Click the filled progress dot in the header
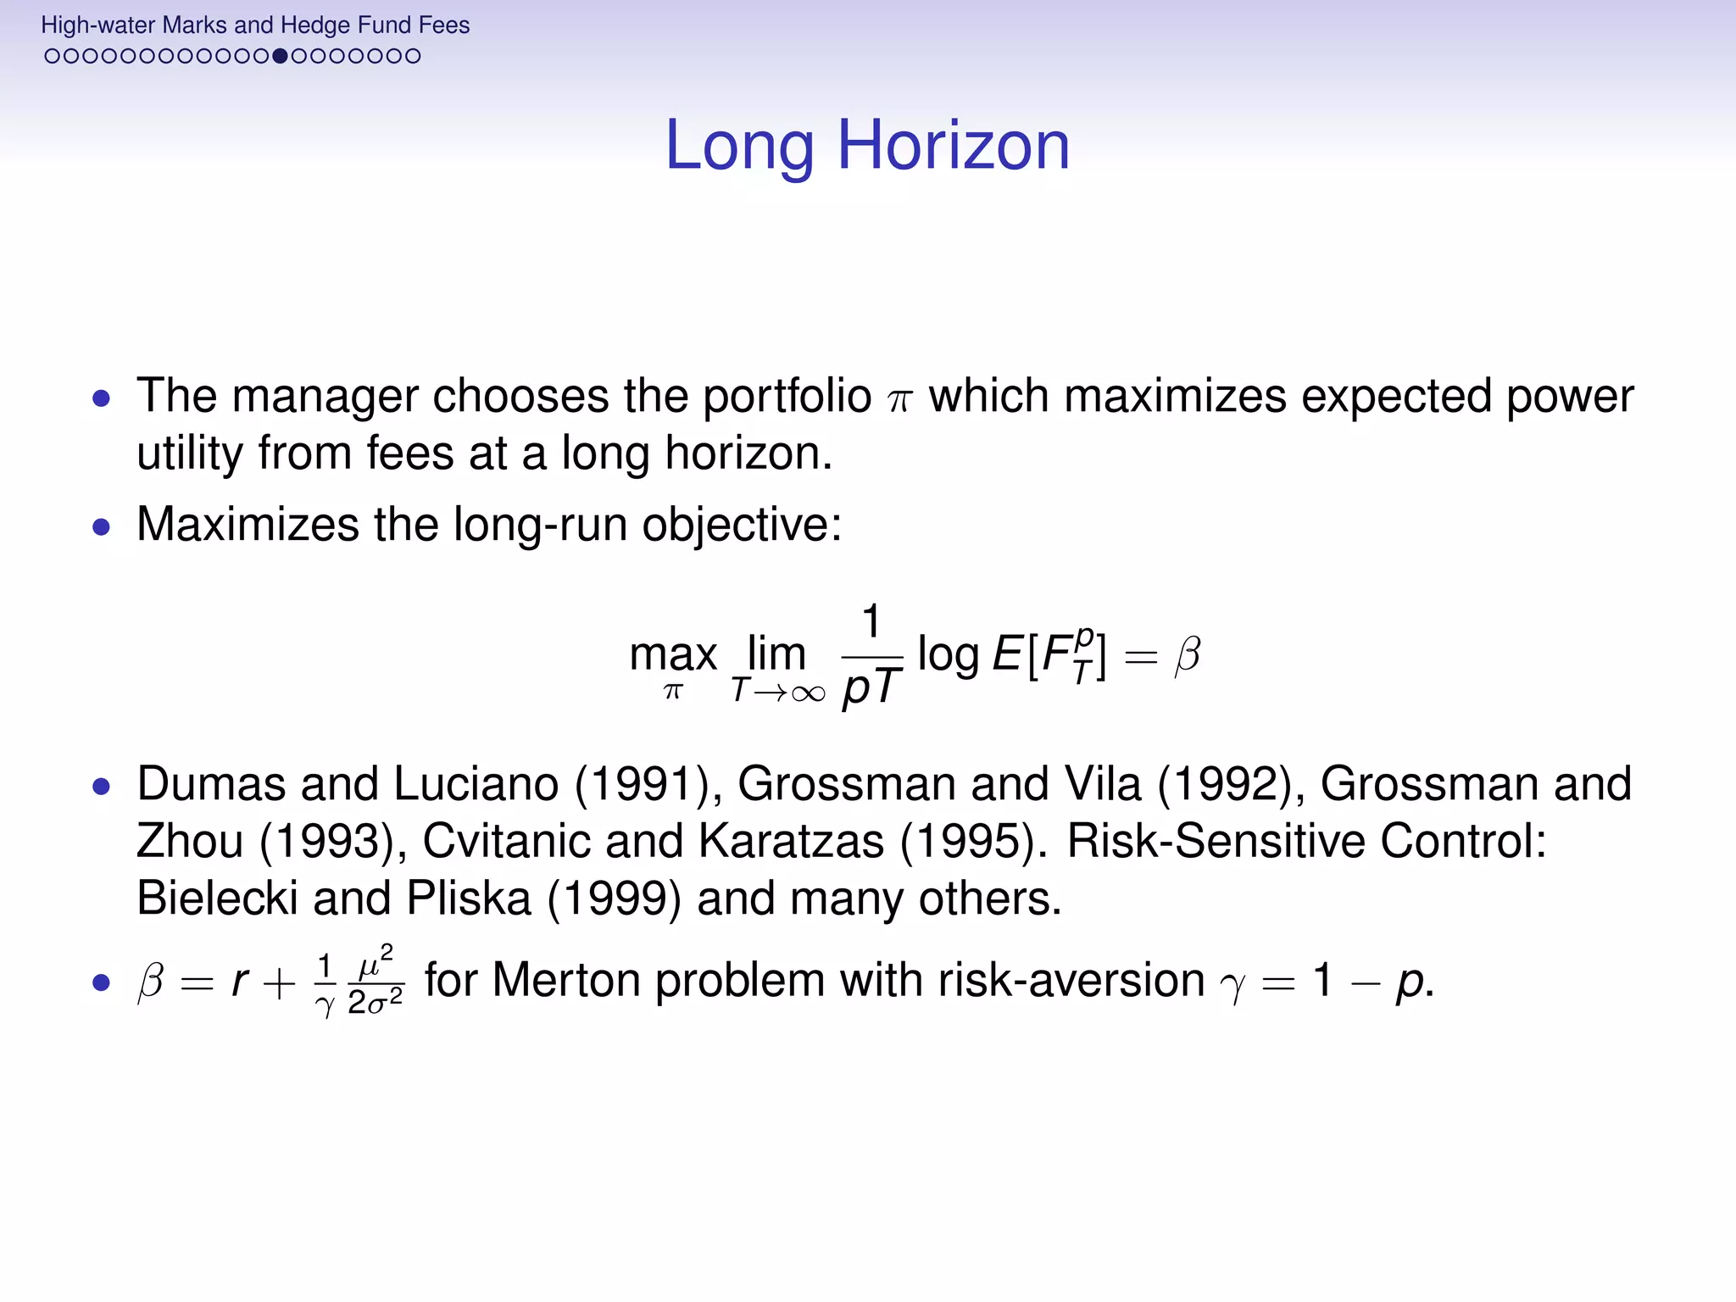pyautogui.click(x=280, y=56)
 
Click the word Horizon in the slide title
pyautogui.click(x=954, y=146)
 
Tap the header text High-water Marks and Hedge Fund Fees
pyautogui.click(x=254, y=25)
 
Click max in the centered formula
pyautogui.click(x=673, y=656)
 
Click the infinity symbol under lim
pyautogui.click(x=806, y=694)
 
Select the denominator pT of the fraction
pyautogui.click(x=871, y=687)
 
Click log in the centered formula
pyautogui.click(x=948, y=655)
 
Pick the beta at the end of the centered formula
pyautogui.click(x=1187, y=655)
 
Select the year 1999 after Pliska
pyautogui.click(x=615, y=899)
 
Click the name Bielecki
pyautogui.click(x=217, y=899)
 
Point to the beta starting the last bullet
pyautogui.click(x=150, y=983)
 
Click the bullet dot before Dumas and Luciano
pyautogui.click(x=102, y=787)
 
